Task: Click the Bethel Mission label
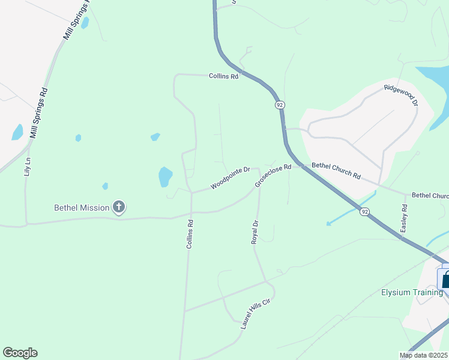[82, 208]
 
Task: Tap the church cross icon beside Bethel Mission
[119, 208]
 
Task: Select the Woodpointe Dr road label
[229, 178]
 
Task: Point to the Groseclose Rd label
[273, 175]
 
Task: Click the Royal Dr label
[255, 232]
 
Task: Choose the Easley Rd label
[405, 218]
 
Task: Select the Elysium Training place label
[412, 292]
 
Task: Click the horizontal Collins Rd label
[223, 76]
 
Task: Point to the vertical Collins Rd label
[189, 235]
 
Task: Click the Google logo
[20, 353]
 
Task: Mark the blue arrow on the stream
[329, 223]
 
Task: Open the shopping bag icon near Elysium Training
[445, 278]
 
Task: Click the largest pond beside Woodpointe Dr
[165, 177]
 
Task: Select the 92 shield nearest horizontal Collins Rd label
[280, 104]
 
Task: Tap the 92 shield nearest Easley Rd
[364, 211]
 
